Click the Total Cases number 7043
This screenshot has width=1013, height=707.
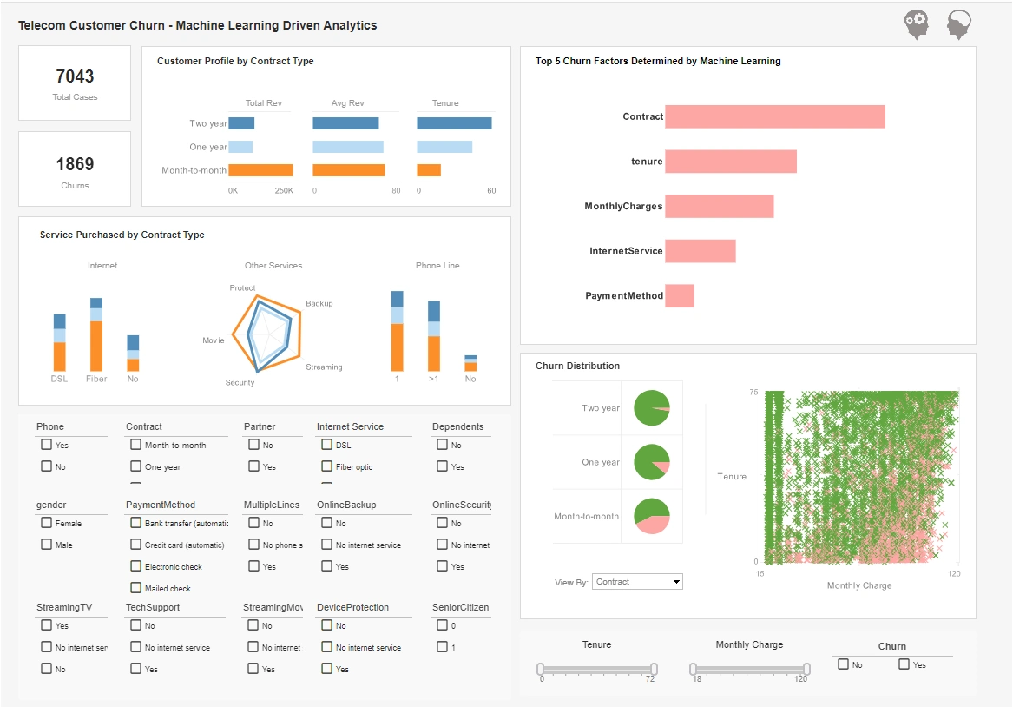(75, 76)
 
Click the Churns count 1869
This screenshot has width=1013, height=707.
(75, 164)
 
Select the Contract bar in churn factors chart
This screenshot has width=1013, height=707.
(774, 116)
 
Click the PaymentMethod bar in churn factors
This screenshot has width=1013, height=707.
(679, 295)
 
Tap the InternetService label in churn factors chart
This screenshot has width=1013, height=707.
(626, 251)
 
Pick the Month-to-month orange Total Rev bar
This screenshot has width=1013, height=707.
(260, 170)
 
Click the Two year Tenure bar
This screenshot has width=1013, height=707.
(454, 123)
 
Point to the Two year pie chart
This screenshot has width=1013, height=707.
(652, 408)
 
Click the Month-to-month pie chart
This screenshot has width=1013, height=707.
(652, 516)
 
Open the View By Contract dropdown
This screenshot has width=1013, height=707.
(638, 582)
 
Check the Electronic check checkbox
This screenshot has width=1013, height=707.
(136, 566)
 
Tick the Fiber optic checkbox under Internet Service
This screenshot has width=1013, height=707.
(326, 466)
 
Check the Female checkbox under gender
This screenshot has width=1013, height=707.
(47, 523)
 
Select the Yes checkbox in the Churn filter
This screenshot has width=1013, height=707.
(904, 664)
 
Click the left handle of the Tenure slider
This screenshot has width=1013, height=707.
(540, 669)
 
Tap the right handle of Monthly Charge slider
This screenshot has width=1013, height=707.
(806, 669)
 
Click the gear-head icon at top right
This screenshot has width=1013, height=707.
(916, 24)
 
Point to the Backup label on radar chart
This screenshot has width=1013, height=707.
(319, 304)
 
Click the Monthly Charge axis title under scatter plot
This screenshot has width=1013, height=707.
(858, 585)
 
